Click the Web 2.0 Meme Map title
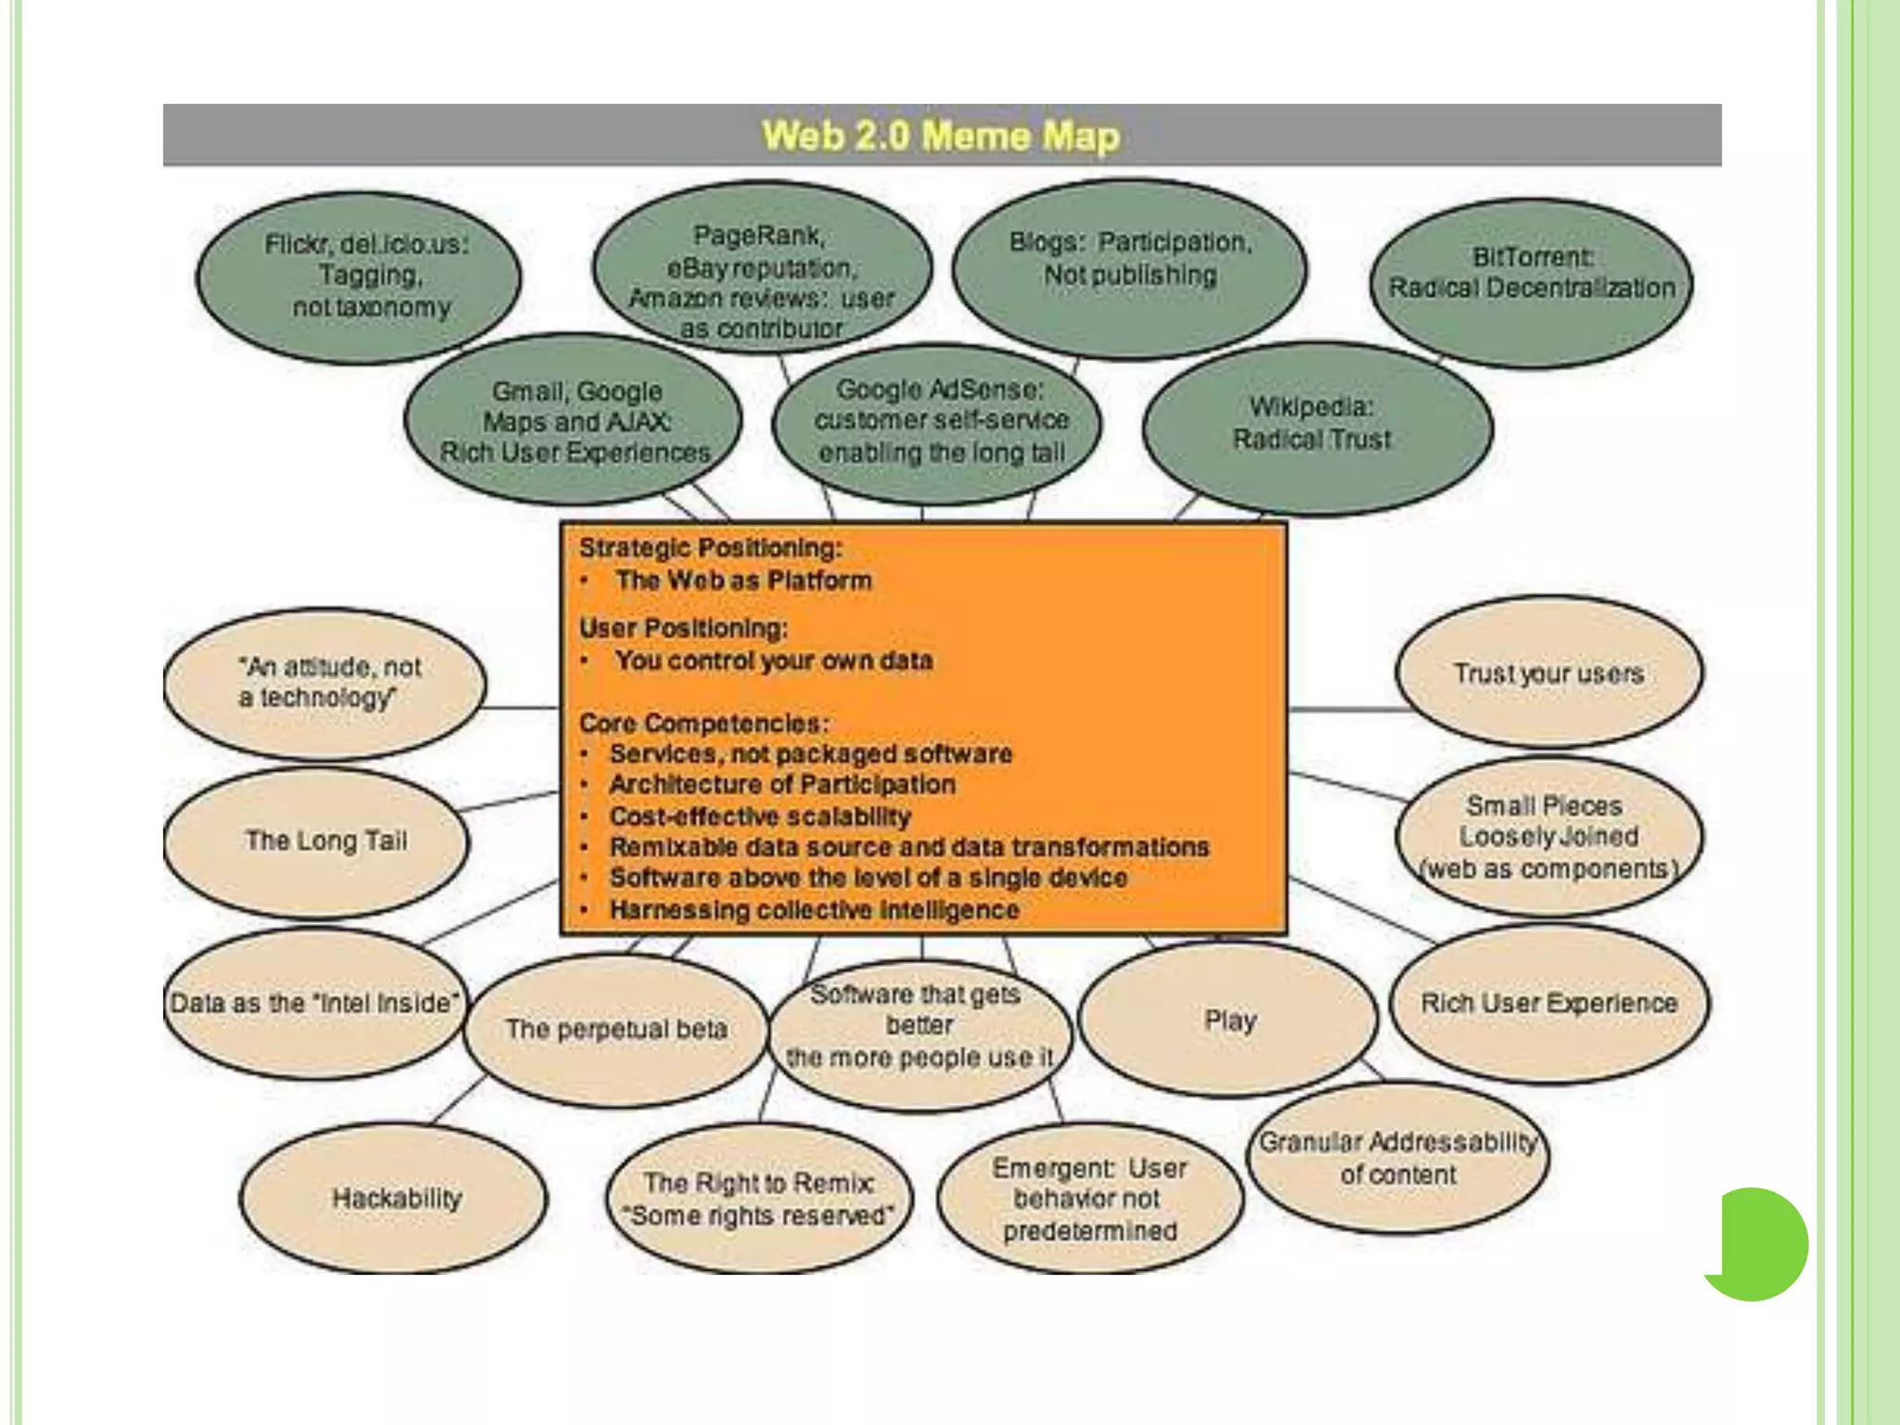[x=941, y=135]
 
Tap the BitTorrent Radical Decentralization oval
[x=1532, y=282]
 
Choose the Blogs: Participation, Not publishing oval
[x=1130, y=264]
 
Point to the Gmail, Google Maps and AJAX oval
[x=574, y=422]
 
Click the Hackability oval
[x=394, y=1198]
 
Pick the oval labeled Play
[x=1229, y=1020]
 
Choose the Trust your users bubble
[x=1549, y=673]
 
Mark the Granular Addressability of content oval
[x=1397, y=1158]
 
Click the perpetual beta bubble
[x=616, y=1029]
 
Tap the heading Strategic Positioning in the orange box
[x=711, y=548]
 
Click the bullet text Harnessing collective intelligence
[x=815, y=910]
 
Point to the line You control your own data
[x=774, y=661]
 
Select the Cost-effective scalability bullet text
[x=760, y=816]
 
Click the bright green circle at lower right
[x=1759, y=1243]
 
